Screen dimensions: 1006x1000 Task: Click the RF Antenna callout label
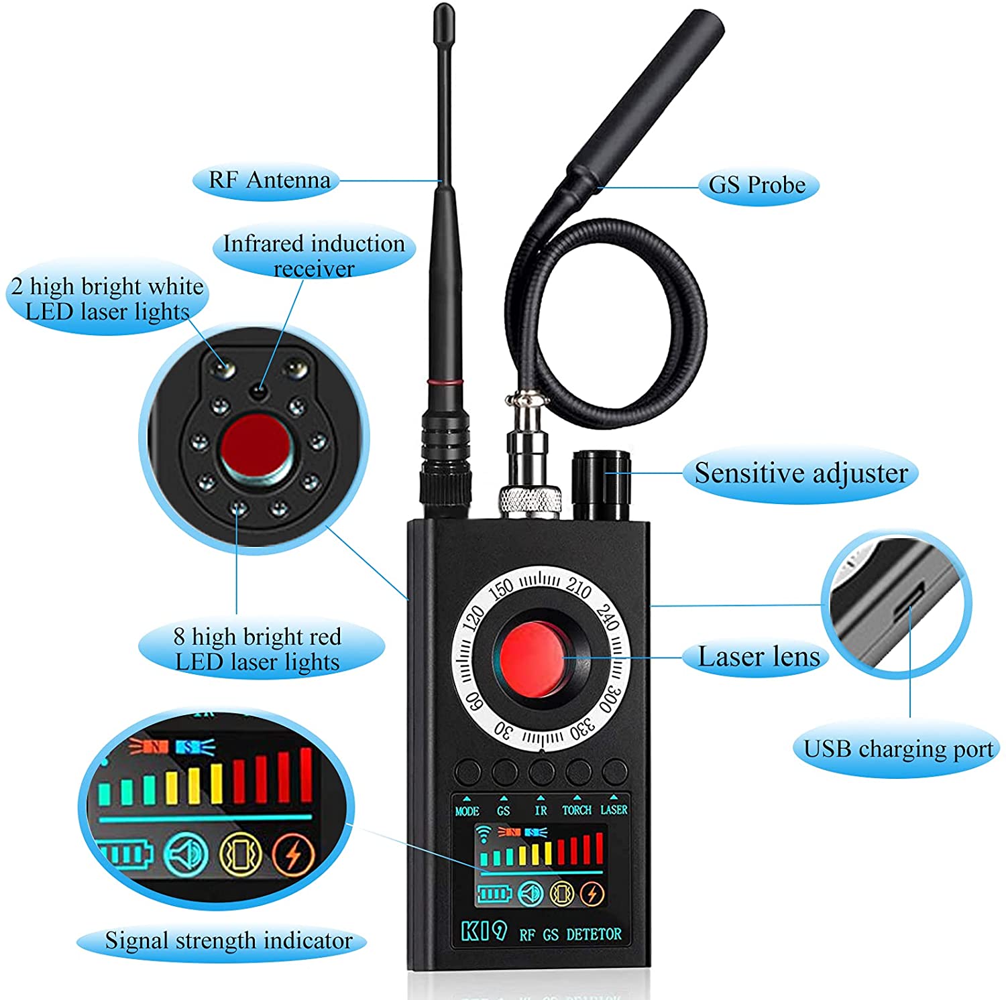coord(269,180)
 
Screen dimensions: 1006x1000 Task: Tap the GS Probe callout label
coord(757,184)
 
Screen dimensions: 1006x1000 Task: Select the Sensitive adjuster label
coord(801,473)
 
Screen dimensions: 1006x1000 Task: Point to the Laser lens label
coord(759,657)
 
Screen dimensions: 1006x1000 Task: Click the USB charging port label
coord(898,749)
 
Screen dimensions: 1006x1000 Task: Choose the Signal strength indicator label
coord(228,940)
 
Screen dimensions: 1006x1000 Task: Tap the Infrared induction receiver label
coord(314,255)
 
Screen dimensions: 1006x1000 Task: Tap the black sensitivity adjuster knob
coord(601,485)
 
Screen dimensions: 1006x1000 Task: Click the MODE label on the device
coord(467,811)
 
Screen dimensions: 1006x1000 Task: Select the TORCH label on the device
coord(577,810)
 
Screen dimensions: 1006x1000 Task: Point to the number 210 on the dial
coord(578,587)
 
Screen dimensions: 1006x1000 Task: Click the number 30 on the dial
coord(503,730)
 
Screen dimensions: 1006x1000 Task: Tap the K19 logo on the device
coord(483,932)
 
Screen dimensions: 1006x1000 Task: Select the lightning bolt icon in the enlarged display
coord(293,854)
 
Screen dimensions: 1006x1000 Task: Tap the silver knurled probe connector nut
coord(530,501)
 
